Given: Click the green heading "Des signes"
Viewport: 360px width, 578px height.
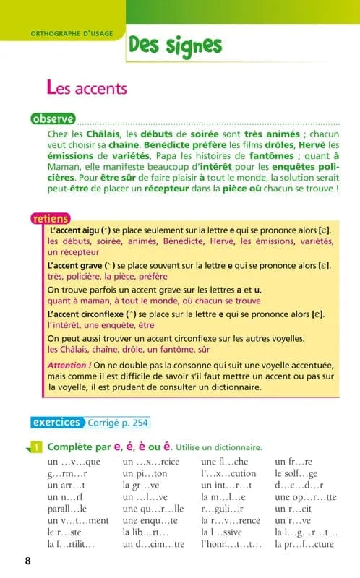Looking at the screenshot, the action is (x=174, y=45).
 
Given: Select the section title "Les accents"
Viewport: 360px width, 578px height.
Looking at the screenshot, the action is (x=86, y=88).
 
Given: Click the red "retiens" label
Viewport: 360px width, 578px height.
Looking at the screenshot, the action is (x=51, y=218).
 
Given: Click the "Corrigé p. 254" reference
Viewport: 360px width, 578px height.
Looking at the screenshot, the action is (x=119, y=423).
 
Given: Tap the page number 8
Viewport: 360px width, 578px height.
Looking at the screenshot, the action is (x=27, y=561).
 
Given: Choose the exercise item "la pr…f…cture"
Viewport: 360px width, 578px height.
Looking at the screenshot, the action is (x=304, y=543).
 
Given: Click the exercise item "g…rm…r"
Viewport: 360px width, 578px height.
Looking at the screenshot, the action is (x=67, y=474).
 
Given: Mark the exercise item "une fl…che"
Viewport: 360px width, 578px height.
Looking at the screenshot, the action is (x=224, y=461).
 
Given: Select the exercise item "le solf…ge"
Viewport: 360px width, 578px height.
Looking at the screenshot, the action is (x=296, y=474).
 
